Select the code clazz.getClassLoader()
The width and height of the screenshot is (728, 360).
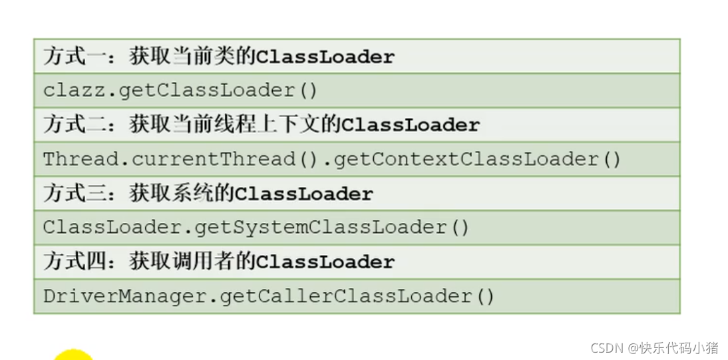pos(180,90)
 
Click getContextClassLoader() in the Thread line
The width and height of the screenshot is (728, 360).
pos(477,159)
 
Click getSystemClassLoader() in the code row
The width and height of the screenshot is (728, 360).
pos(332,228)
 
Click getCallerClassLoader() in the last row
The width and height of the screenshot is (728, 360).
pos(357,296)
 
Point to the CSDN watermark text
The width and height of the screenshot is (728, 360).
pos(606,348)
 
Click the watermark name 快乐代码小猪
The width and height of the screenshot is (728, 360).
pos(679,348)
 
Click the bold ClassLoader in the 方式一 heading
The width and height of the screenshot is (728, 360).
pos(325,57)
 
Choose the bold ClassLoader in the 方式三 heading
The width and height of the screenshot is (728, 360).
pos(304,194)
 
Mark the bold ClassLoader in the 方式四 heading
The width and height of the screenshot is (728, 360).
pos(325,262)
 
